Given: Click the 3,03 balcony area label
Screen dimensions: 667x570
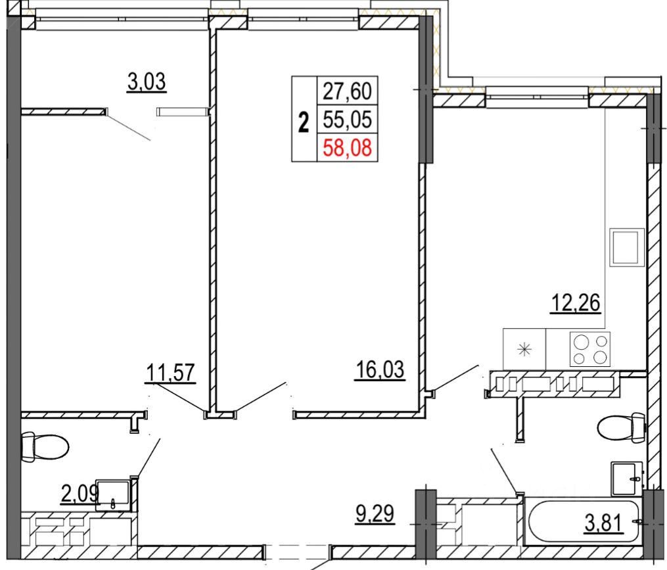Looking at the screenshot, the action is point(147,82).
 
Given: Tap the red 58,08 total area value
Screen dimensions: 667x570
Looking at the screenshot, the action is point(348,148).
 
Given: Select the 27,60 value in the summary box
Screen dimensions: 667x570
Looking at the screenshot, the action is point(348,91).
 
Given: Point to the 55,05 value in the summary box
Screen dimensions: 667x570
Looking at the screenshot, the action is point(348,119).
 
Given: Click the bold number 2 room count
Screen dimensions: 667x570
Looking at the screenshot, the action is point(304,122).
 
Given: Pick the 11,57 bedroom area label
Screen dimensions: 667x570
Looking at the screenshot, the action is point(170,373).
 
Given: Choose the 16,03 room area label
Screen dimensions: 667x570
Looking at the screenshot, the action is point(380,369).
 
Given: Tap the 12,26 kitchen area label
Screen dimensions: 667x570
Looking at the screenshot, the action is point(576,303).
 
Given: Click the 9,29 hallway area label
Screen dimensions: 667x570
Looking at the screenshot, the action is point(375,513).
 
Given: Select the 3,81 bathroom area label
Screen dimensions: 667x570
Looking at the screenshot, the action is point(604,523).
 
